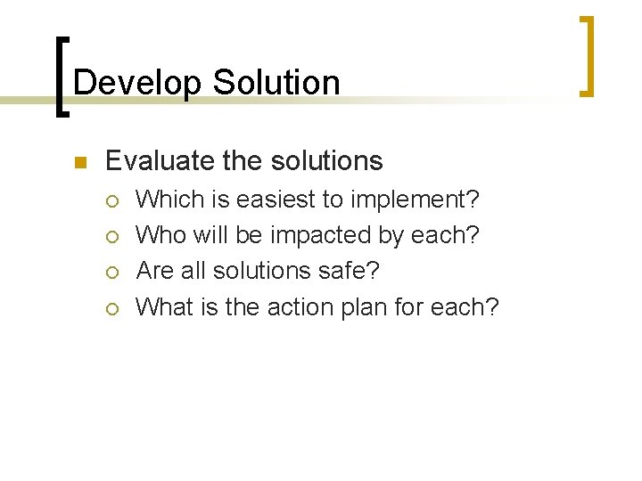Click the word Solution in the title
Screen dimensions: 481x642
point(276,83)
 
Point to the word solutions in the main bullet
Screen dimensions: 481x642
point(325,161)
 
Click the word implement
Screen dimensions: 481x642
point(415,200)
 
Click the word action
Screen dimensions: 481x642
point(295,306)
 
